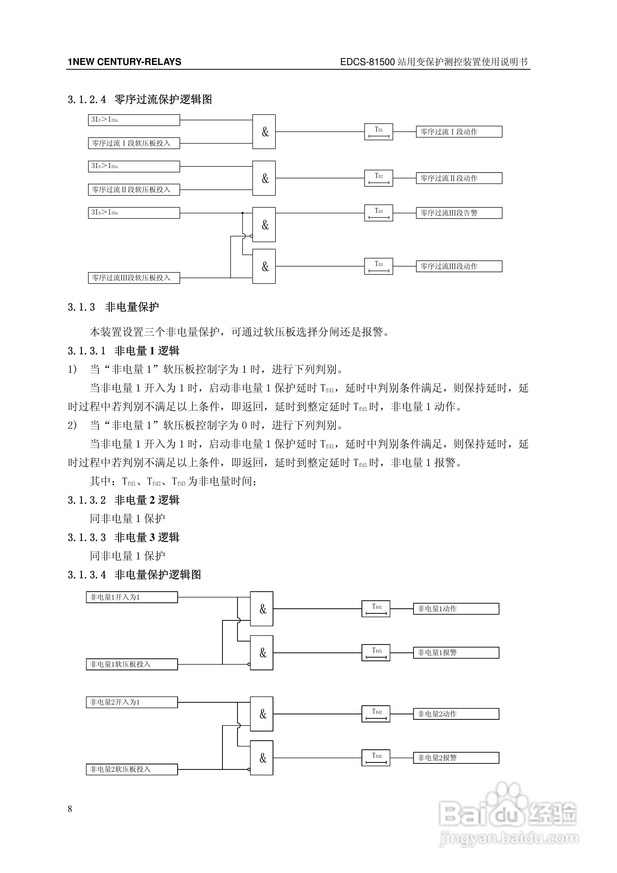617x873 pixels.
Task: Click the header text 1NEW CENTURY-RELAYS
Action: point(124,62)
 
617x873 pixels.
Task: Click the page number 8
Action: point(70,809)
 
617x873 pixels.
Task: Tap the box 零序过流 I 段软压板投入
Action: point(134,143)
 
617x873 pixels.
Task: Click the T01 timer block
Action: point(378,132)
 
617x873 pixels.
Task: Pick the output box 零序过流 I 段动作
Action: point(459,132)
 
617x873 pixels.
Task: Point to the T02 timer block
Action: point(378,178)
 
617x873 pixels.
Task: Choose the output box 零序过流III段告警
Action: point(459,213)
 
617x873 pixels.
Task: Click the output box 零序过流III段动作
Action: point(459,266)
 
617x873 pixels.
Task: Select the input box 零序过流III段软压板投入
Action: point(134,278)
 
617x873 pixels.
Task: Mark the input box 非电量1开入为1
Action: point(132,597)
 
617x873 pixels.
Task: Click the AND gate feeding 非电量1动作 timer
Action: point(261,609)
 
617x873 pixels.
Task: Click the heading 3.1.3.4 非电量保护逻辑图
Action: point(134,574)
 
